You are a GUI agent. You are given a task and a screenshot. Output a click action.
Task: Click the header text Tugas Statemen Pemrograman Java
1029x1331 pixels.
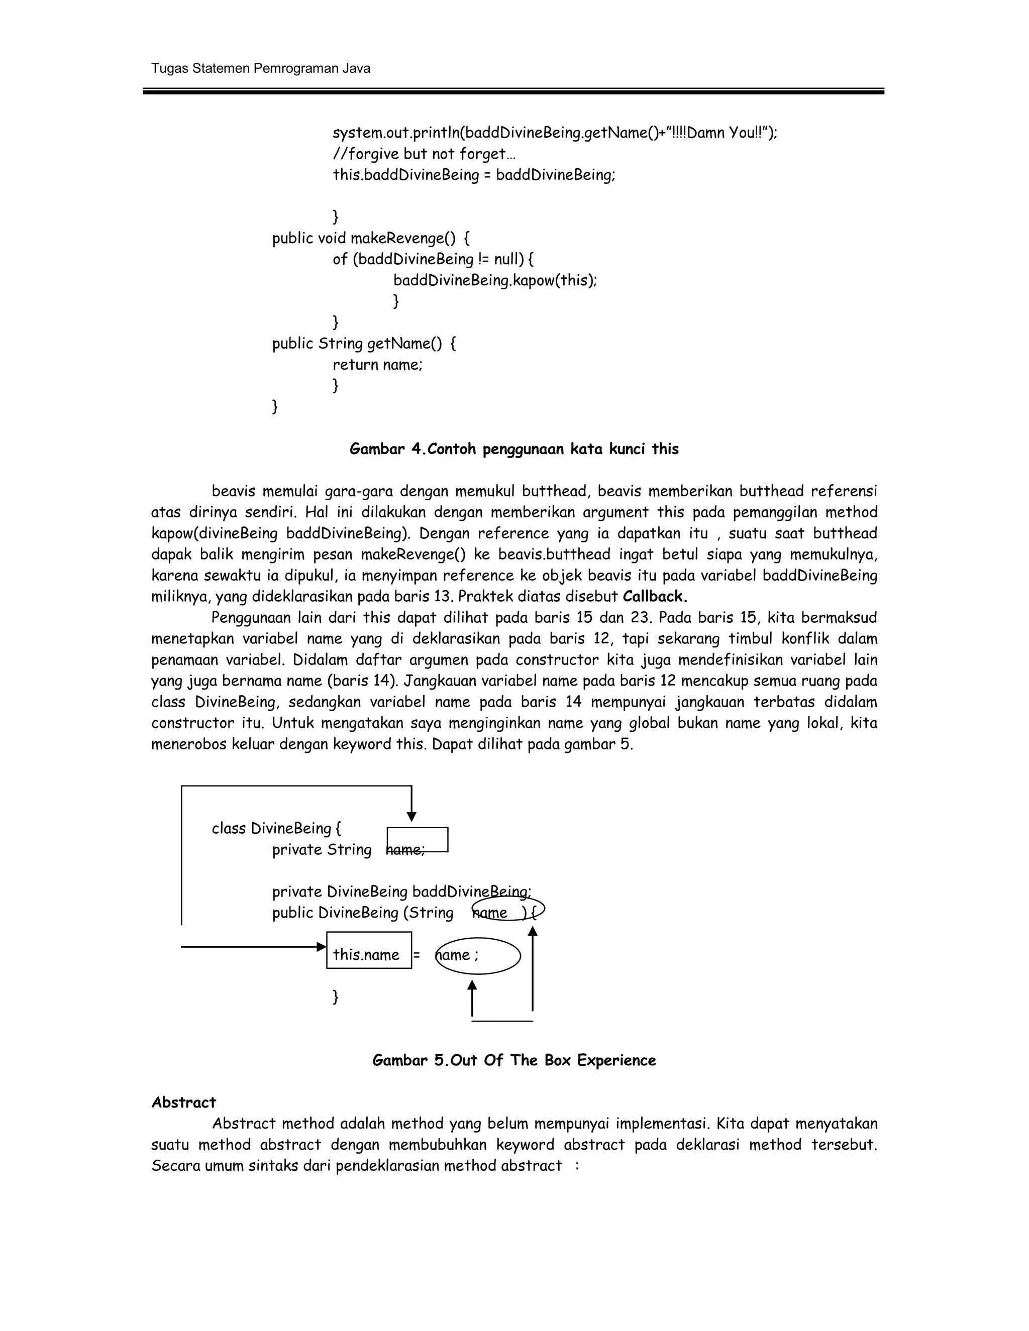pyautogui.click(x=260, y=68)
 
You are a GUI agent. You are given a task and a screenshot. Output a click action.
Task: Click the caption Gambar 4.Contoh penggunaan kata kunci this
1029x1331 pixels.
pyautogui.click(x=514, y=449)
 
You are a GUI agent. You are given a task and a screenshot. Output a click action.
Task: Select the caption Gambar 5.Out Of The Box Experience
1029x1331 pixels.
pyautogui.click(x=514, y=1060)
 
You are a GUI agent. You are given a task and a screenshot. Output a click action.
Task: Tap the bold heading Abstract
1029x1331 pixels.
pyautogui.click(x=183, y=1102)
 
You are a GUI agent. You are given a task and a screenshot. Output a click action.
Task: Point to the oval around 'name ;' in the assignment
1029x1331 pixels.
pyautogui.click(x=478, y=956)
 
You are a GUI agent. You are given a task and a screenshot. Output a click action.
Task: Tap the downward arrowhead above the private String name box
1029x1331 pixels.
pyautogui.click(x=411, y=817)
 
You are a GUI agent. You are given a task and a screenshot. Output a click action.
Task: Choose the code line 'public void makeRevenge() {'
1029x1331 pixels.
pyautogui.click(x=371, y=238)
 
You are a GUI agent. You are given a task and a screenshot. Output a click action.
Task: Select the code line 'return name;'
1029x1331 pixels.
pyautogui.click(x=377, y=365)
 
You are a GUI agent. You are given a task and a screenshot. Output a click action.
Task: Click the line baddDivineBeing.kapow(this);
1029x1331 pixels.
pyautogui.click(x=495, y=280)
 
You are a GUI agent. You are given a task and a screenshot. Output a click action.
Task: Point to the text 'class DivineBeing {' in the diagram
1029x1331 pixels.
pyautogui.click(x=276, y=828)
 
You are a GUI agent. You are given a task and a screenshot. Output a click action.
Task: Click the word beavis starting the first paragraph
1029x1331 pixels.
pyautogui.click(x=232, y=491)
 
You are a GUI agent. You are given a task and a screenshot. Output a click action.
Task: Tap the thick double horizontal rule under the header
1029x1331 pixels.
pyautogui.click(x=513, y=91)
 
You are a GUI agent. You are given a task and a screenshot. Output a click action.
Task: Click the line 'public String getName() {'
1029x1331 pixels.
pyautogui.click(x=364, y=344)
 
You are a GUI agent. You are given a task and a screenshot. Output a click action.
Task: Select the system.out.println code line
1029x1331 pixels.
pyautogui.click(x=555, y=133)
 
